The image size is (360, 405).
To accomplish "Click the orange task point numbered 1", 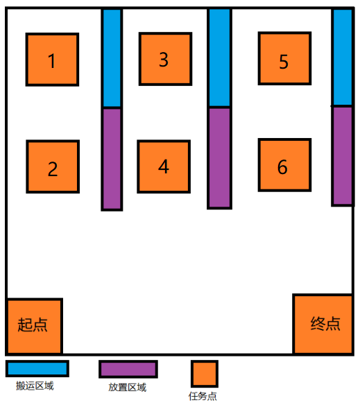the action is (x=52, y=60).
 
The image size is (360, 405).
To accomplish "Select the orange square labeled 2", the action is (x=53, y=166).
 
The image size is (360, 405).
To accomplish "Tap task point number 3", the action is (x=165, y=59).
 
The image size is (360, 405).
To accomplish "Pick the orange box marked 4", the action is (x=164, y=166).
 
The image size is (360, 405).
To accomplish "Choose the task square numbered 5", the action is (x=284, y=58).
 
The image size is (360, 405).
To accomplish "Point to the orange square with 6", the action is (x=284, y=165).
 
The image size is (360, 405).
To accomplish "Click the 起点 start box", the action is (x=34, y=327).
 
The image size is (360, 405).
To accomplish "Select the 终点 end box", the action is (x=323, y=325).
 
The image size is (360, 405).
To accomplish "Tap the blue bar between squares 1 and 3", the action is (x=112, y=58).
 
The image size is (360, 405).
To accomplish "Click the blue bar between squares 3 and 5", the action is (x=219, y=58).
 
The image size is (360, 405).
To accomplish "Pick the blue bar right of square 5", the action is (x=343, y=57).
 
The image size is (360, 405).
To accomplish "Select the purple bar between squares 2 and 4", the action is (x=112, y=160).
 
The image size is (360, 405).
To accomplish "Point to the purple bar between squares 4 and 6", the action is (x=219, y=158).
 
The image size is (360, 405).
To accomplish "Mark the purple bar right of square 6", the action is (x=343, y=156).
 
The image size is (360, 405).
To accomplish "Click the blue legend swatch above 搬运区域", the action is (x=37, y=368).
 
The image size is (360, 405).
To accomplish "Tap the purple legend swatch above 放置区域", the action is (x=128, y=370).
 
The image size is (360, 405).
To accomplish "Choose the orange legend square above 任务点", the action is (x=205, y=374).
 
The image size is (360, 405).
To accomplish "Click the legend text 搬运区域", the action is (x=35, y=386).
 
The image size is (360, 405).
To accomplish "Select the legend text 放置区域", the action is (x=128, y=387).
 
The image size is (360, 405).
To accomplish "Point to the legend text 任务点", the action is (x=203, y=396).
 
